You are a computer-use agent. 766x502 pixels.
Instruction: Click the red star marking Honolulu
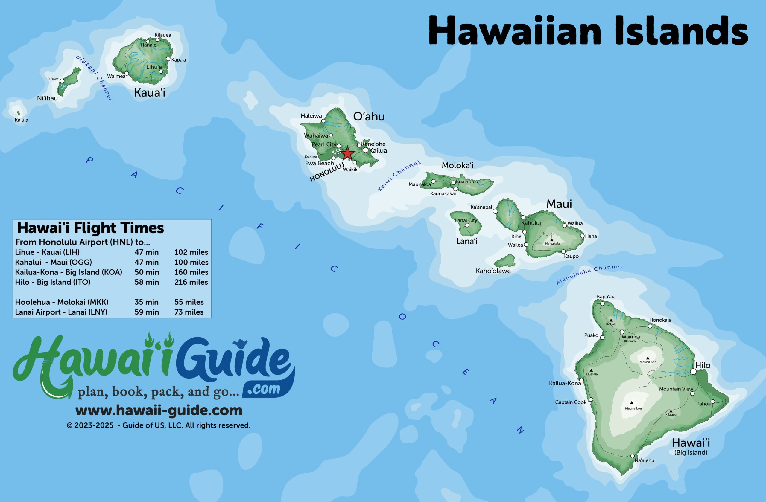point(347,153)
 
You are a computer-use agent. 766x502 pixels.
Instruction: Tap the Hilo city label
point(703,365)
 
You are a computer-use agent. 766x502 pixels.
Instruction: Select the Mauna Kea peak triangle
point(648,358)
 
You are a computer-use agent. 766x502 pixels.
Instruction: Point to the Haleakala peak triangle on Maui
point(552,240)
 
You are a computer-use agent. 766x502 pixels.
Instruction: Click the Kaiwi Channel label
point(399,176)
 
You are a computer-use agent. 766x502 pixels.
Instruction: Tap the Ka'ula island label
point(21,120)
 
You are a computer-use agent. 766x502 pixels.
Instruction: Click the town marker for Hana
point(582,236)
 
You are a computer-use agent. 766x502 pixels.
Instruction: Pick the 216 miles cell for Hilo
point(191,282)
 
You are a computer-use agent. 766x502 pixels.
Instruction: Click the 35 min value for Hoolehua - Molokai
point(146,302)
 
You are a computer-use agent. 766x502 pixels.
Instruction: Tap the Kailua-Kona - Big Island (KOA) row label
point(69,272)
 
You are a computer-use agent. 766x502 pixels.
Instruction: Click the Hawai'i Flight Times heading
point(90,228)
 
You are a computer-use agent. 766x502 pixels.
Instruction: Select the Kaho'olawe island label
point(493,271)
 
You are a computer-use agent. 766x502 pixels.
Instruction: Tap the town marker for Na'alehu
point(632,456)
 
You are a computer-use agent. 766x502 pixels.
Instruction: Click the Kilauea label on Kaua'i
point(162,35)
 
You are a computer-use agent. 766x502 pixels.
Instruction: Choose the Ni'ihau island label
point(47,98)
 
